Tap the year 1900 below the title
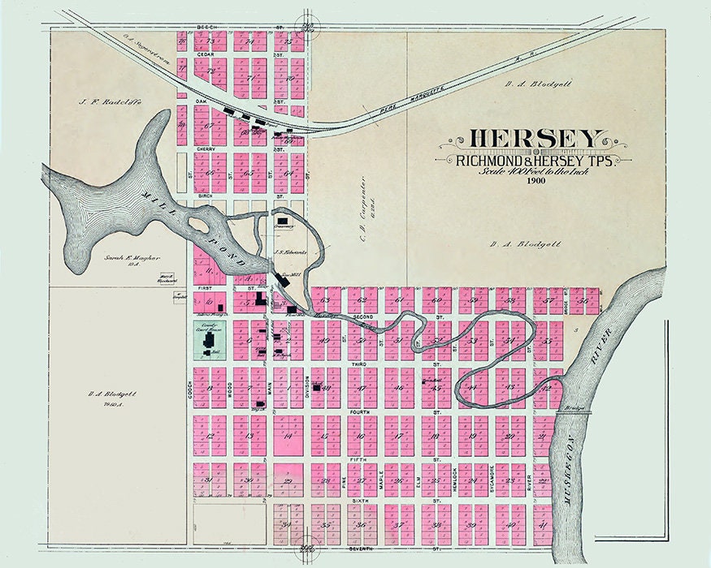click(x=535, y=180)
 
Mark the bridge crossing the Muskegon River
click(x=573, y=411)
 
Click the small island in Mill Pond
click(x=197, y=223)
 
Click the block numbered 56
click(x=583, y=300)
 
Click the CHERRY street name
click(x=204, y=150)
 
